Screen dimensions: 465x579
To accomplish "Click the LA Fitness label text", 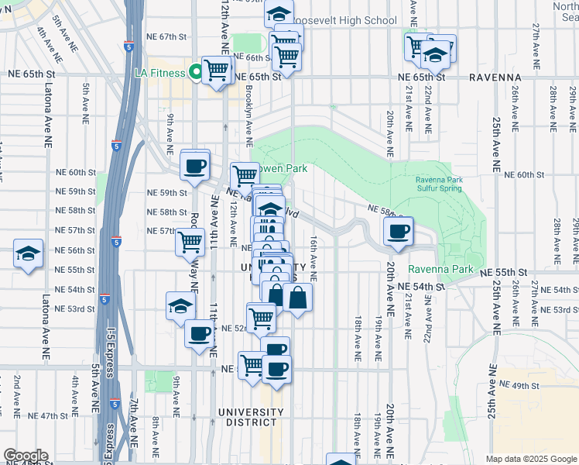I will (x=159, y=73).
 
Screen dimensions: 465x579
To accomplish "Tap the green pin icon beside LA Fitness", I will (x=195, y=73).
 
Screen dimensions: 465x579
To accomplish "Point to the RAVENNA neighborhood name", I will (x=496, y=77).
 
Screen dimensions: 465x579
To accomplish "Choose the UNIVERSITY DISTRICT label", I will (x=247, y=417).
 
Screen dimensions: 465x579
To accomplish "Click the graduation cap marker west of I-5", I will (x=28, y=253).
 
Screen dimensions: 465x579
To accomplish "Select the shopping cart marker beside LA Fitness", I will (x=217, y=71).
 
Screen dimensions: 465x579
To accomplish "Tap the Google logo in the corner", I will (x=25, y=456).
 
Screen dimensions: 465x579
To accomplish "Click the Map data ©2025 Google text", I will (x=530, y=459).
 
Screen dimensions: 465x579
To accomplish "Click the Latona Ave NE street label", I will (x=46, y=325).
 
